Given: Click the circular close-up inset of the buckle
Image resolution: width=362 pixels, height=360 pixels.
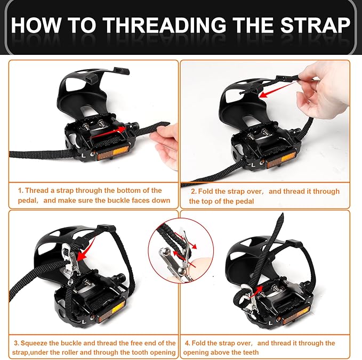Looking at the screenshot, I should pyautogui.click(x=181, y=250).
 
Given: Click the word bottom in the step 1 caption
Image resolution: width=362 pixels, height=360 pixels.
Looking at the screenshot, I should pyautogui.click(x=126, y=191).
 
